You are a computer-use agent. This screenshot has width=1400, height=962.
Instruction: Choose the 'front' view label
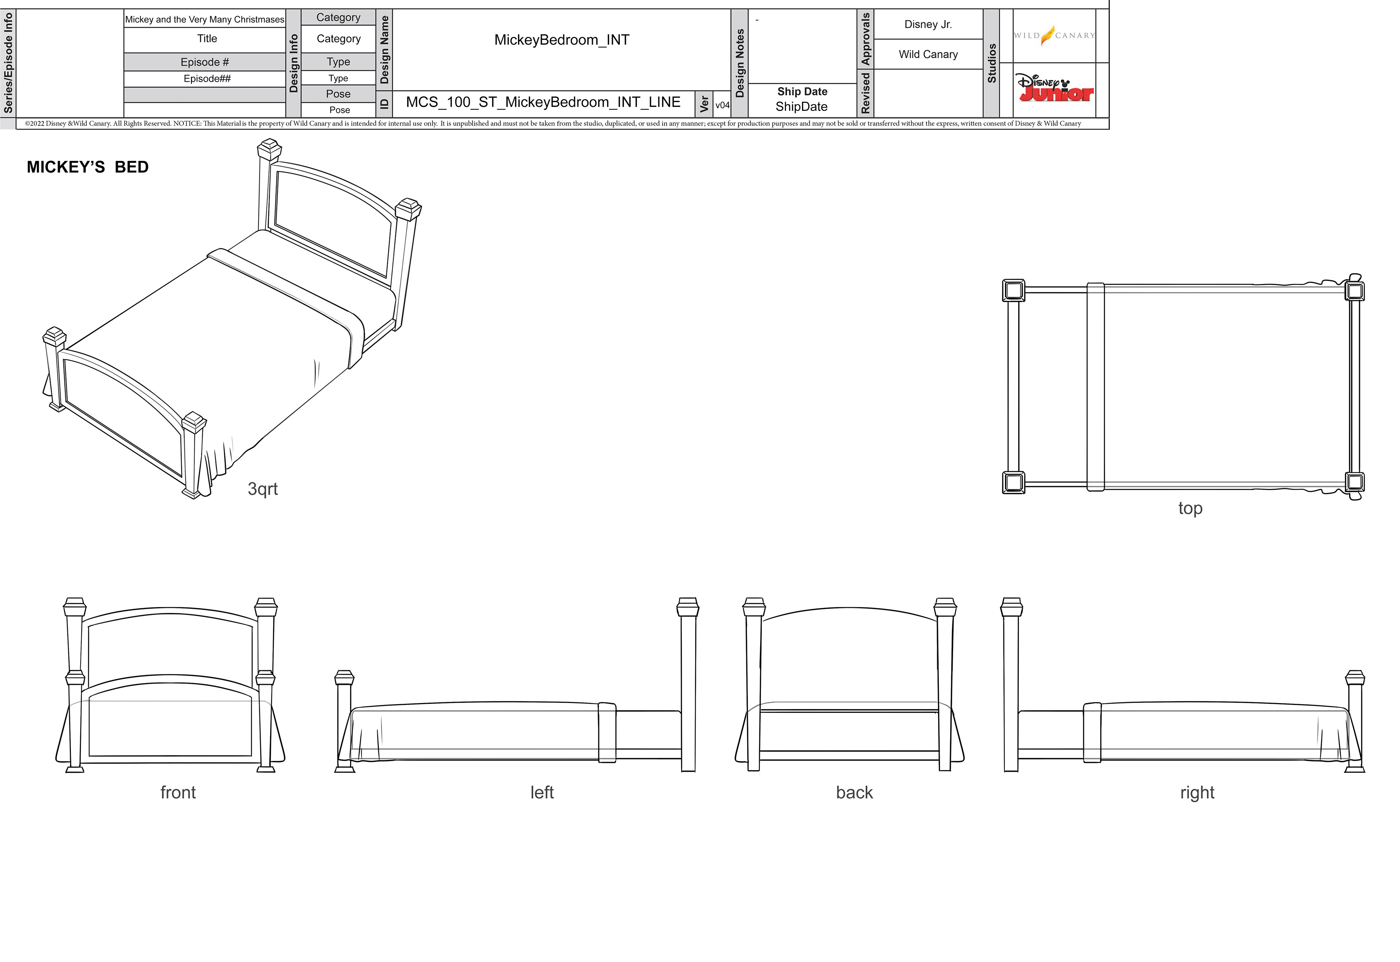pyautogui.click(x=178, y=793)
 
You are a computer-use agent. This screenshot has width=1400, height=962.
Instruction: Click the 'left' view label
pyautogui.click(x=542, y=793)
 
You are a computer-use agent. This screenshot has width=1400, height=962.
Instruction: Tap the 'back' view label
pyautogui.click(x=854, y=793)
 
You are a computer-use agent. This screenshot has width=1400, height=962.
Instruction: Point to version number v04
pyautogui.click(x=722, y=105)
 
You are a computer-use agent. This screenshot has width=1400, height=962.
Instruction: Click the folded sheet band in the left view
pyautogui.click(x=607, y=732)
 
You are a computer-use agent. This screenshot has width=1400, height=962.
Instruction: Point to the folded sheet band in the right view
pyautogui.click(x=1092, y=732)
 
